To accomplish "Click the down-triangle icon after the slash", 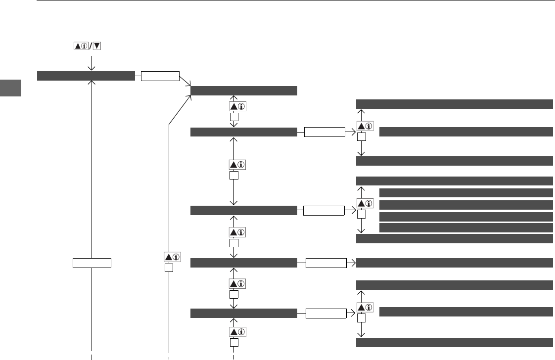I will click(x=97, y=46).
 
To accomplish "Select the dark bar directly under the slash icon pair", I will click(x=86, y=76).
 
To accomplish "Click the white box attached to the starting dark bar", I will click(x=160, y=76).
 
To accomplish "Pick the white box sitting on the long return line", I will click(x=92, y=262).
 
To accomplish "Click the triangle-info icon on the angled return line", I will click(x=171, y=257).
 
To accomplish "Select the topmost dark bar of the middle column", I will click(x=243, y=90).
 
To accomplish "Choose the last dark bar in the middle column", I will click(x=243, y=313).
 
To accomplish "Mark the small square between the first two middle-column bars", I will click(x=234, y=118).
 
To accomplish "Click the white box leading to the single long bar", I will click(x=326, y=262).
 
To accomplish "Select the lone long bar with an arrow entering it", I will click(x=454, y=262).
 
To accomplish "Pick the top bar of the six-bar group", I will click(x=454, y=180).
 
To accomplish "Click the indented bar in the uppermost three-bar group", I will click(x=466, y=132).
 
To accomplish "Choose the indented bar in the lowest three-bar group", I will click(x=466, y=312).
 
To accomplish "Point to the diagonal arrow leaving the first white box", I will click(x=185, y=83).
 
